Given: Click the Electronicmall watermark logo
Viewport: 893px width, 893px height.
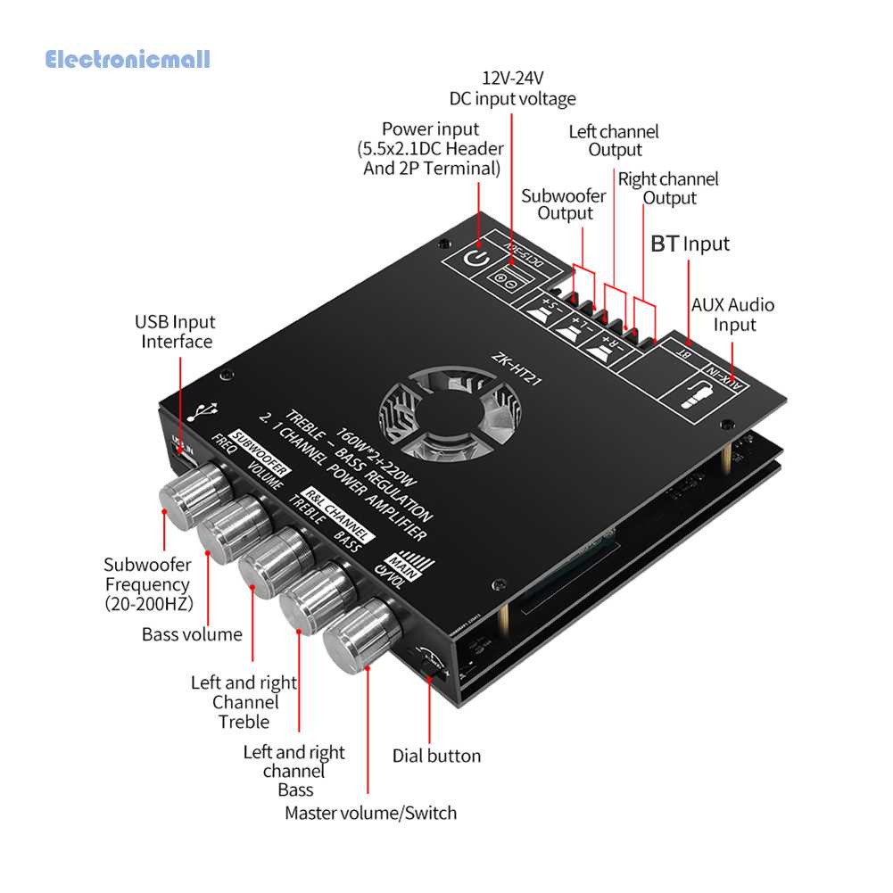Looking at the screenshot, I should [x=128, y=61].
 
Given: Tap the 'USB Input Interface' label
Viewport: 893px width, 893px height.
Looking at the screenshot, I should [x=176, y=331].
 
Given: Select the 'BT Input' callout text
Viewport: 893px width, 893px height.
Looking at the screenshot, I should [x=690, y=244].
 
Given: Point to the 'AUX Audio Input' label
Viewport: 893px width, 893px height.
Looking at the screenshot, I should [x=733, y=315].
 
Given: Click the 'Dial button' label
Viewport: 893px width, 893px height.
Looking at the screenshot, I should [x=436, y=756].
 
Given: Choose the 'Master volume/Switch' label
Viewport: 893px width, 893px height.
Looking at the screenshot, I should [x=370, y=813].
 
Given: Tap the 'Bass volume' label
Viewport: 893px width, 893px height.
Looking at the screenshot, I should [x=192, y=634].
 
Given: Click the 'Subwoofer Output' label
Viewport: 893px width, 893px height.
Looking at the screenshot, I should [x=564, y=204].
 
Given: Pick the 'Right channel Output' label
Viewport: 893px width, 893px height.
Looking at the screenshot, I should [x=668, y=188].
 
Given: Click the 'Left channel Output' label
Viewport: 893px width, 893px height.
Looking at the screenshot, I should [x=614, y=141].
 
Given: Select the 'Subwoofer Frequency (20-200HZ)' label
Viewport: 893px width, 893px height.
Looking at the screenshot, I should [x=147, y=584].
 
